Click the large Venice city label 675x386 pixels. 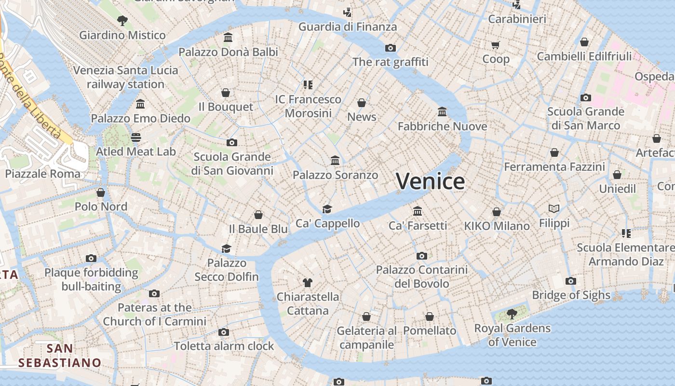431,181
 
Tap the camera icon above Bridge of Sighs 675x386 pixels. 571,281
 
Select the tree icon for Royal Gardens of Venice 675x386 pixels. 512,314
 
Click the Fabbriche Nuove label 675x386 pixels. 442,126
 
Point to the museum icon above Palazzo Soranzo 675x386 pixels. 335,160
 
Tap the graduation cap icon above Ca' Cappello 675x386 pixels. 327,209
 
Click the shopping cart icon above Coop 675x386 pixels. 496,45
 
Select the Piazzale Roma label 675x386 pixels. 43,174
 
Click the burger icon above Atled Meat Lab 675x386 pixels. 135,138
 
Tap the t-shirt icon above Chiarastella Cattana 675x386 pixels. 308,282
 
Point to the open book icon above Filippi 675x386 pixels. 554,209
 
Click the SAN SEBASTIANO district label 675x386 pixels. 60,356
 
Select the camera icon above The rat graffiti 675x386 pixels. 391,48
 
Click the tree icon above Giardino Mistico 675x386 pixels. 122,20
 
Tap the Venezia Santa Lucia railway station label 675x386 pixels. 125,77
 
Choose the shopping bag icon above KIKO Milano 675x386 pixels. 497,212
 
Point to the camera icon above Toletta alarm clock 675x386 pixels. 223,332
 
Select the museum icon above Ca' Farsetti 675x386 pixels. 418,211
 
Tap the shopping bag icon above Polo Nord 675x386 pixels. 101,193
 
